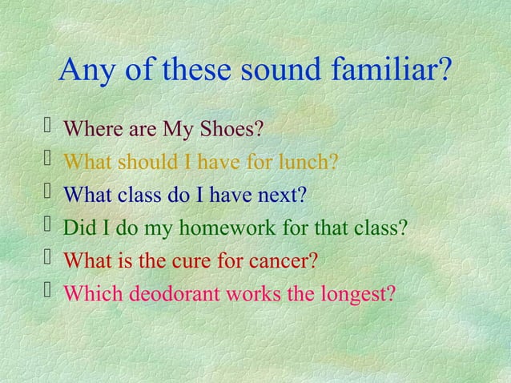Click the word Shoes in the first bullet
click(x=235, y=128)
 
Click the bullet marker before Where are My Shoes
click(x=46, y=127)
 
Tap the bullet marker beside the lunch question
click(x=46, y=161)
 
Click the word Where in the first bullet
click(x=86, y=128)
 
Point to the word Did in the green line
click(x=76, y=228)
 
